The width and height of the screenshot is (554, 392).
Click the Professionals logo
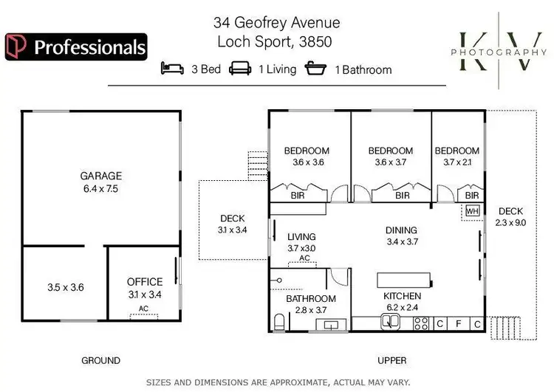coord(75,47)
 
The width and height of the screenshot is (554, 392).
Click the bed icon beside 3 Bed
coord(173,69)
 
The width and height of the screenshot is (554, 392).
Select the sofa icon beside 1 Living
coord(241,69)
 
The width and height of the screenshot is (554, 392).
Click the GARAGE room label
coord(101,176)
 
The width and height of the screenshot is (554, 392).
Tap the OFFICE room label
coord(145,281)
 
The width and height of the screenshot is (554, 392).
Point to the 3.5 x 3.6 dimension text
coord(65,287)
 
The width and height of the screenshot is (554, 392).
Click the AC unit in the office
coord(144,314)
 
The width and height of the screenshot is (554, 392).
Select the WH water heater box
coord(471,212)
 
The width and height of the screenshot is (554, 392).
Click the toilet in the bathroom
coord(278,322)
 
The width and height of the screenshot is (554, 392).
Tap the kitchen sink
coord(389,323)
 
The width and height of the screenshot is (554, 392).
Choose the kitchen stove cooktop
coord(422,323)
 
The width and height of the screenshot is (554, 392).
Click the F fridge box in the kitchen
coord(458,323)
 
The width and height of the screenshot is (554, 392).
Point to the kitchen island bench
coord(404,279)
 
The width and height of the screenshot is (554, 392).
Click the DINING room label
coord(401,230)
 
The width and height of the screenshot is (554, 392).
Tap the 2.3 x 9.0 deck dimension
coord(510,222)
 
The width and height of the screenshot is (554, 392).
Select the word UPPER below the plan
coord(391,360)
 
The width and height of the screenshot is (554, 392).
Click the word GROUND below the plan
coord(100,360)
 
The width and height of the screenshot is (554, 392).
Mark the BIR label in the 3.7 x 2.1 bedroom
coord(471,196)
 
